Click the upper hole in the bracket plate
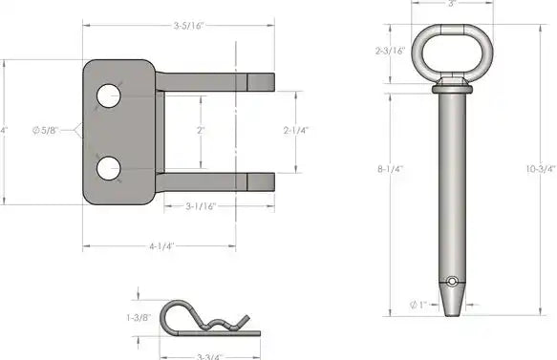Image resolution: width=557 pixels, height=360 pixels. pos(109,95)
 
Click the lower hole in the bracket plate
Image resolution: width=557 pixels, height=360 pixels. pos(109,168)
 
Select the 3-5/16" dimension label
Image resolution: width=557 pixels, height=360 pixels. pos(188,26)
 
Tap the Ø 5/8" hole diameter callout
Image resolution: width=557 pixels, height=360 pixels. pos(45,130)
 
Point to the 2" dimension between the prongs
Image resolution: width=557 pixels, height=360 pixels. pos(201,130)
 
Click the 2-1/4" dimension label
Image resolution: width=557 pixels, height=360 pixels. pos(296,130)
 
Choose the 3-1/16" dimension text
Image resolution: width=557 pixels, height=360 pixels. pos(201,206)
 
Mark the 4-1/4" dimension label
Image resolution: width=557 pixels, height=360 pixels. pos(161,246)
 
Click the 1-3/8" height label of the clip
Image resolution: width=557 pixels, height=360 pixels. pos(139,317)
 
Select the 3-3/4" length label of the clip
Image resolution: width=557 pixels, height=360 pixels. pos(210,356)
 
